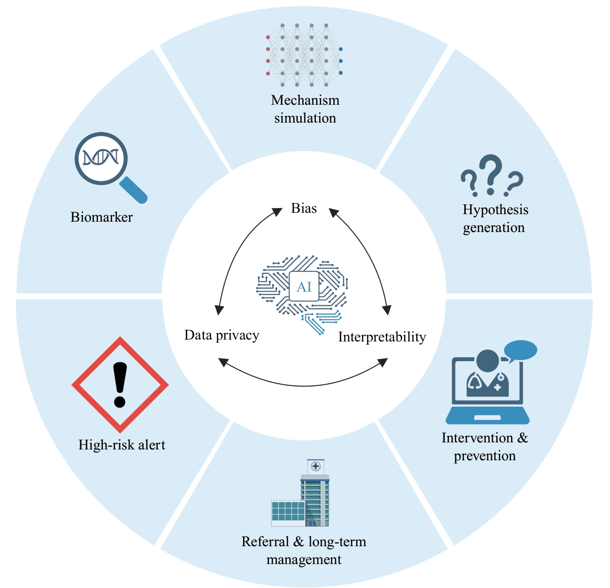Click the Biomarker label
click(101, 217)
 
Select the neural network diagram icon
click(304, 55)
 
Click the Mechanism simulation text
click(305, 109)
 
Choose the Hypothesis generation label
click(495, 218)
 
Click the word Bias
click(304, 208)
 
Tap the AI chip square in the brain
click(304, 286)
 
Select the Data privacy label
click(221, 335)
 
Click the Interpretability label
click(382, 337)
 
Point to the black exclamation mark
click(120, 384)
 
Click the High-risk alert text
click(122, 445)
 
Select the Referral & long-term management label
click(304, 550)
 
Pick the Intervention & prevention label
click(485, 447)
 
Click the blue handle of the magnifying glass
click(134, 190)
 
